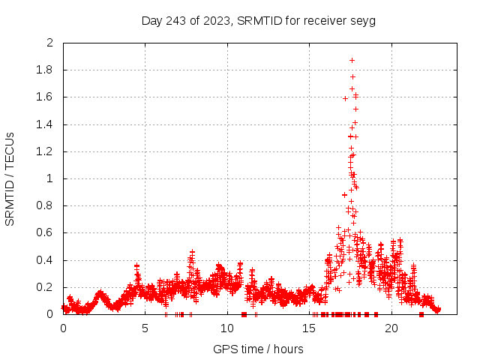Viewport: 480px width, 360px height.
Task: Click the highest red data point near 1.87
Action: click(352, 60)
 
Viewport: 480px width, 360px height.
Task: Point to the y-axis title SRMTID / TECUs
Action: click(10, 178)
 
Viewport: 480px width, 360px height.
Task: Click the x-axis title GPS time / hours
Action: click(258, 349)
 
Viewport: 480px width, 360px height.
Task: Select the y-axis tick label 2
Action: click(49, 43)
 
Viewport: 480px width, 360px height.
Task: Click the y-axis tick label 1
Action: click(49, 178)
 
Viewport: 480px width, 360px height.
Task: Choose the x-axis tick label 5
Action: click(145, 328)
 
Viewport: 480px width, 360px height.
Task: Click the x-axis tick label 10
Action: click(226, 328)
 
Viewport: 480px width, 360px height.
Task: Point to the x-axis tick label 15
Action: click(309, 328)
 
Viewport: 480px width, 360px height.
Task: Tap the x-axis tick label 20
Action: click(391, 328)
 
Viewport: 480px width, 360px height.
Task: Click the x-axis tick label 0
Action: click(63, 328)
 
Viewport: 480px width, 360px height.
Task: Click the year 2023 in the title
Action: click(217, 20)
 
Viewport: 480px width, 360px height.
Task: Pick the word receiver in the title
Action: click(325, 20)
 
